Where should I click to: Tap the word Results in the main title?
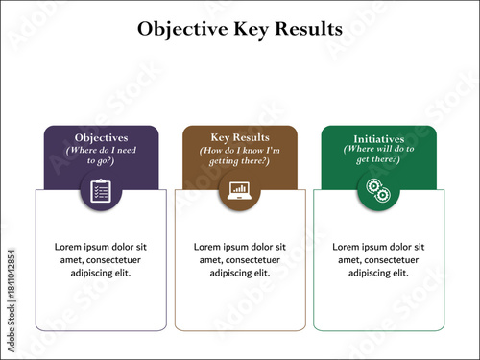309,29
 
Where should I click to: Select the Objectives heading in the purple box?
101,138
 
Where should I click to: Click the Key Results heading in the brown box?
240,137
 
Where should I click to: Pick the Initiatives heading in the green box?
378,138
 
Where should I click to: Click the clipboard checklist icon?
101,190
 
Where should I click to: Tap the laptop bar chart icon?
240,190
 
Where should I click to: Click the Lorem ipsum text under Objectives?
101,259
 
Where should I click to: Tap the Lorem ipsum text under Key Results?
240,259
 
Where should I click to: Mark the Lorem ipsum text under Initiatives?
378,259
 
